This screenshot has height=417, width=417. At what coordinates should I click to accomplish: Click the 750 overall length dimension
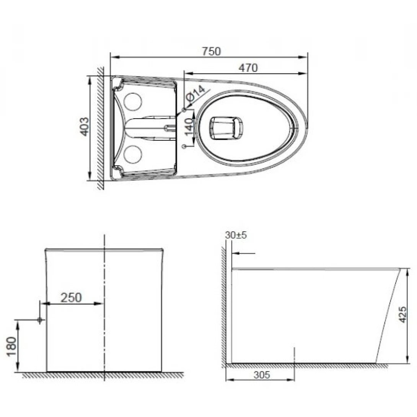click(212, 51)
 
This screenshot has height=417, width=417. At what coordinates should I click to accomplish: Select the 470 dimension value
click(248, 68)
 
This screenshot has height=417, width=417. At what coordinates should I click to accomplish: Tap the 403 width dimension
click(85, 127)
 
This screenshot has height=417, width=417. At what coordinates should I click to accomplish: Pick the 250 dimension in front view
click(72, 297)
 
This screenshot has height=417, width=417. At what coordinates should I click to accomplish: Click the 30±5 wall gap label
click(236, 235)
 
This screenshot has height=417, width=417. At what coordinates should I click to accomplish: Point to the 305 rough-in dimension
click(261, 375)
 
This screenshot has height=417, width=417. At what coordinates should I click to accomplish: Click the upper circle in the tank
click(133, 101)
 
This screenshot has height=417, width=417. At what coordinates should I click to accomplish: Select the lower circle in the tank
click(133, 154)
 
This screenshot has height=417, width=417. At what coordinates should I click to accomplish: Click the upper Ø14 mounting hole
click(184, 110)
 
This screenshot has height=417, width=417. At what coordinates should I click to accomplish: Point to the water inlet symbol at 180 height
click(39, 319)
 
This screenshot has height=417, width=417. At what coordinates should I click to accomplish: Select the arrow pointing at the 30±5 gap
click(243, 253)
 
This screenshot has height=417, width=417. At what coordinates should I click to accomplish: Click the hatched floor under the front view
click(103, 375)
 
